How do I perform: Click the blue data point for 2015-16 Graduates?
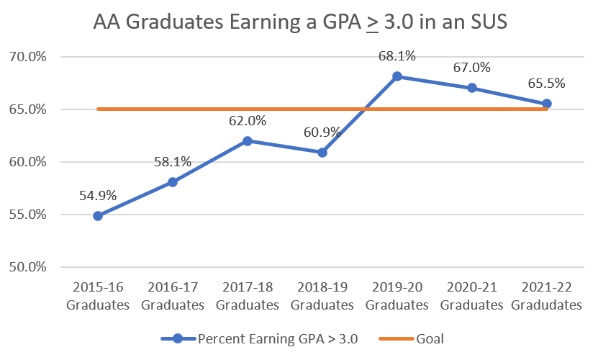pos(98,215)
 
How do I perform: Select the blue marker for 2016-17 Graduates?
pos(173,182)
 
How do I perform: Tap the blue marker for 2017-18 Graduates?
pos(248,141)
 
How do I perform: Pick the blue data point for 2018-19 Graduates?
pos(322,153)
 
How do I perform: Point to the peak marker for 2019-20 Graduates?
pos(397,76)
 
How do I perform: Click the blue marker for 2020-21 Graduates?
pos(472,88)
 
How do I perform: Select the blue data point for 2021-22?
pos(547,104)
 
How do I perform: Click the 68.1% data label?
pos(397,55)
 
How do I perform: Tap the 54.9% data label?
pos(98,195)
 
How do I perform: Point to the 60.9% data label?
pos(322,132)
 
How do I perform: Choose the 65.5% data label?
pos(547,84)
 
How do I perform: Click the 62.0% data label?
pos(248,121)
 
